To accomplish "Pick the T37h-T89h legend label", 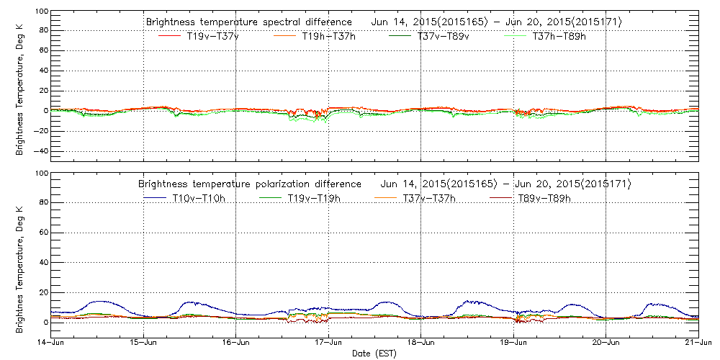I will (x=559, y=36).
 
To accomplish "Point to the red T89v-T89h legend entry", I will (x=544, y=198).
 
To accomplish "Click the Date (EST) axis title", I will (x=374, y=354).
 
